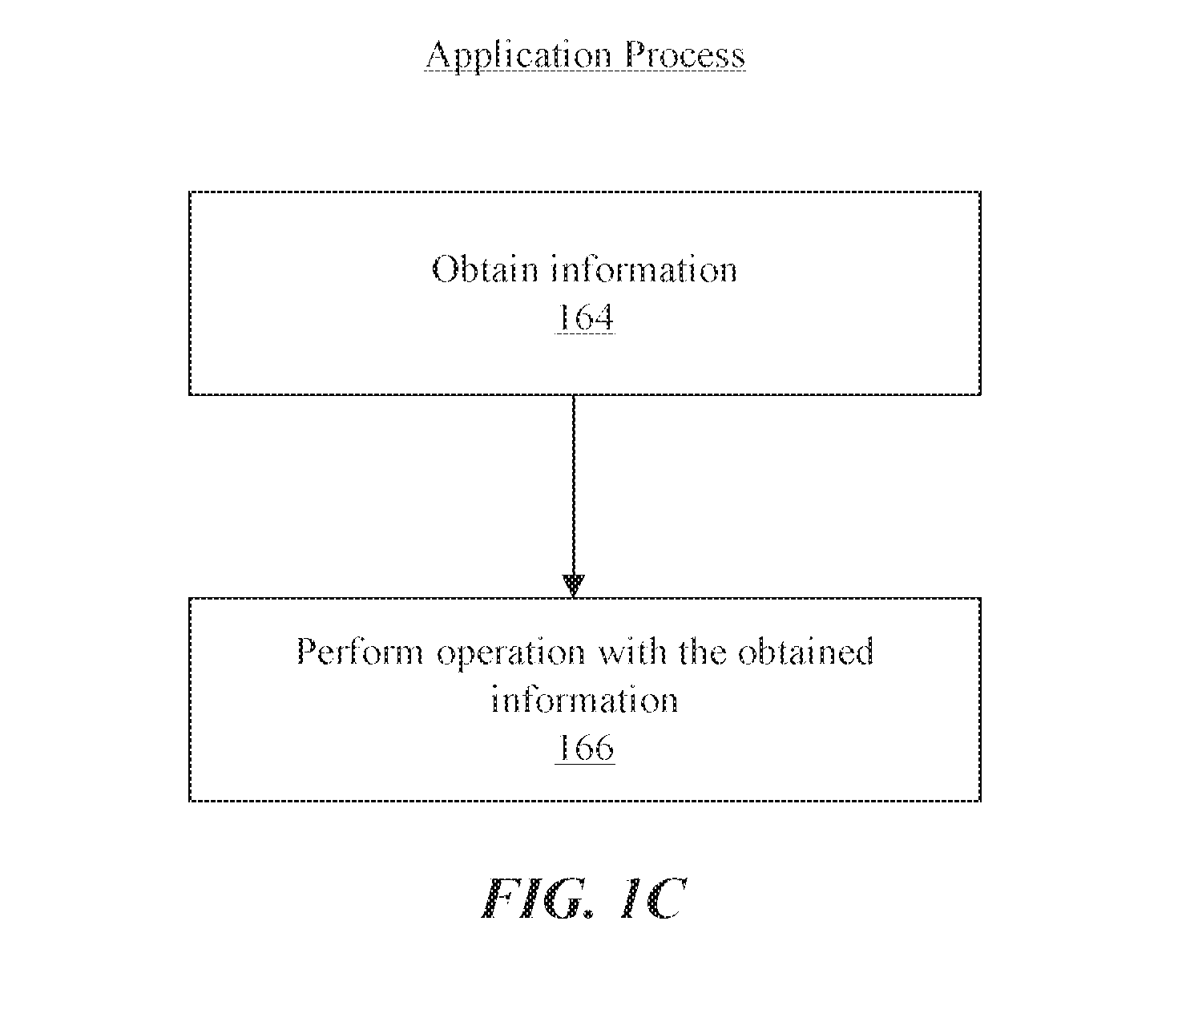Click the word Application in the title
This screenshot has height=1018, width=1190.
point(518,56)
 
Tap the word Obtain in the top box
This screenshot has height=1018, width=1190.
point(485,269)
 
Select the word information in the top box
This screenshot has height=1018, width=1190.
point(643,269)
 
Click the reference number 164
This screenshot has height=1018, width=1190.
point(585,317)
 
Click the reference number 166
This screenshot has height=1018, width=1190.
point(585,748)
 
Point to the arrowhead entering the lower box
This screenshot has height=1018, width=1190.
point(574,586)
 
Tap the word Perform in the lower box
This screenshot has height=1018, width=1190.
point(360,652)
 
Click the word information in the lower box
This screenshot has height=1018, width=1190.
point(584,700)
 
